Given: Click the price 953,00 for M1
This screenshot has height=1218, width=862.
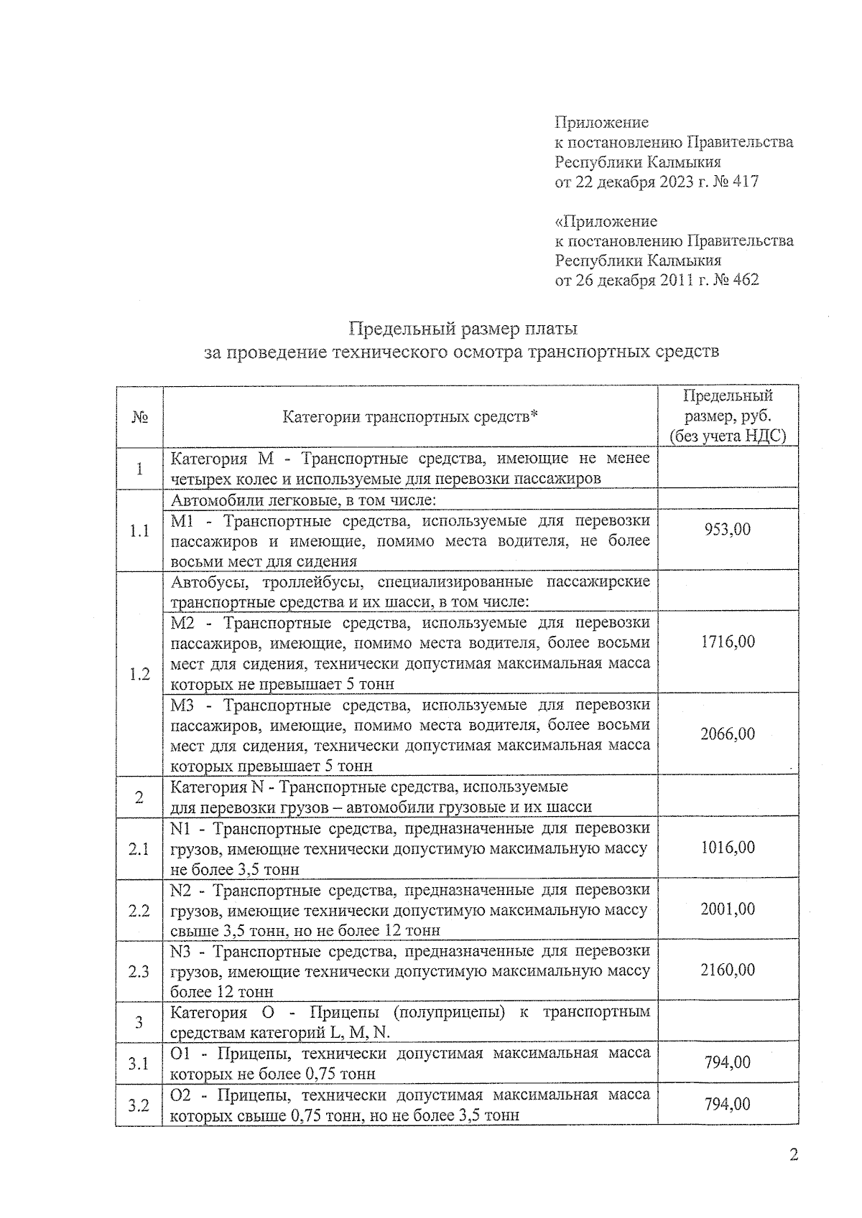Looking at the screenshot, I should (x=727, y=529).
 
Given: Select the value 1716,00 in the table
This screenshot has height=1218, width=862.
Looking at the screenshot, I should (x=727, y=641).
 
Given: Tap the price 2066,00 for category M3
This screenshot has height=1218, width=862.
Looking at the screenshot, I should (x=727, y=734).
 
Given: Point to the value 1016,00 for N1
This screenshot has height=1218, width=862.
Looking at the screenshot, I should (x=727, y=848).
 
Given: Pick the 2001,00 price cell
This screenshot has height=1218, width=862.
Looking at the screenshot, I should (x=727, y=909).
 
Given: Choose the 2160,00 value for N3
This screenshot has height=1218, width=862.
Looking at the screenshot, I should (x=727, y=970).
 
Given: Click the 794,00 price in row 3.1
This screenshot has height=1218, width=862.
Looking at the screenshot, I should (x=727, y=1062).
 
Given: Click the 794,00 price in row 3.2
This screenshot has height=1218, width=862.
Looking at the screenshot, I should (x=727, y=1104).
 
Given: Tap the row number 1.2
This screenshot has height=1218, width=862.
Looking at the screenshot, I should (x=139, y=674).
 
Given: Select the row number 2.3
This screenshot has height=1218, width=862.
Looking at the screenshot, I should (x=139, y=971).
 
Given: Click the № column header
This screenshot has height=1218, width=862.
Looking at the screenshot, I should (x=139, y=417).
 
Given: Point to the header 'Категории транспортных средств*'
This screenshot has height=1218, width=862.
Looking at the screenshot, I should (x=409, y=416).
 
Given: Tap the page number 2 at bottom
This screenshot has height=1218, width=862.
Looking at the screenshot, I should (x=793, y=1155).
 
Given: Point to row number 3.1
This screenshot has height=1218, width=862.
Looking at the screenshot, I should (x=139, y=1063).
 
